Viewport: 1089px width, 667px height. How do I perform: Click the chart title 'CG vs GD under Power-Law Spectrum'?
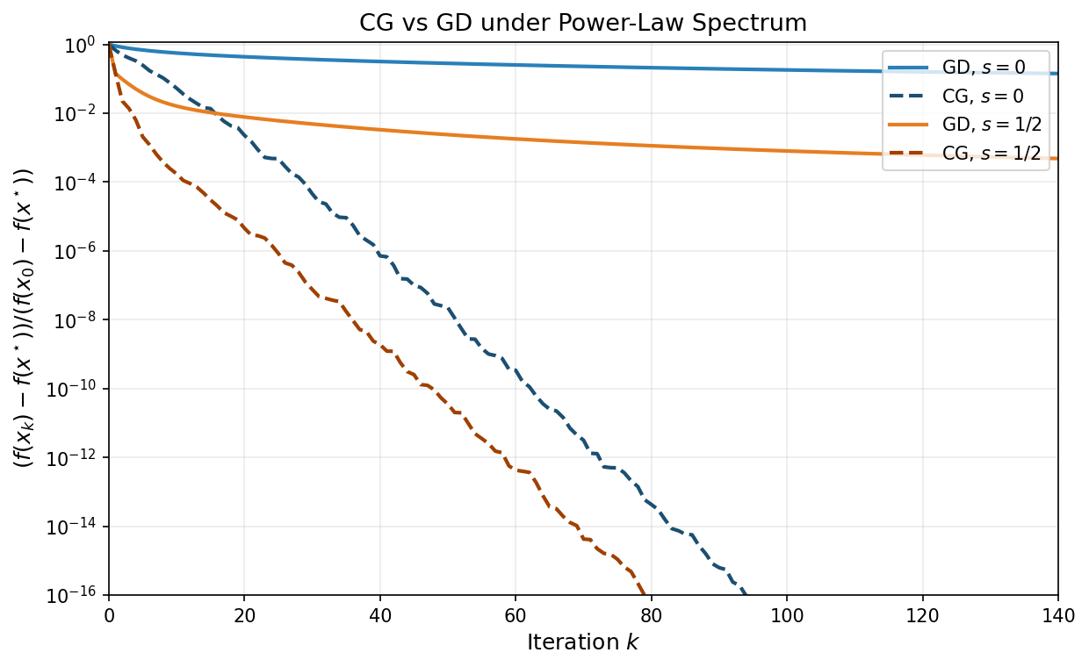click(582, 24)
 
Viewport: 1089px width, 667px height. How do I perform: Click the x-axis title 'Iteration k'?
click(582, 642)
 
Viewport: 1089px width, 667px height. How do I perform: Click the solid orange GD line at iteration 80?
click(651, 145)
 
